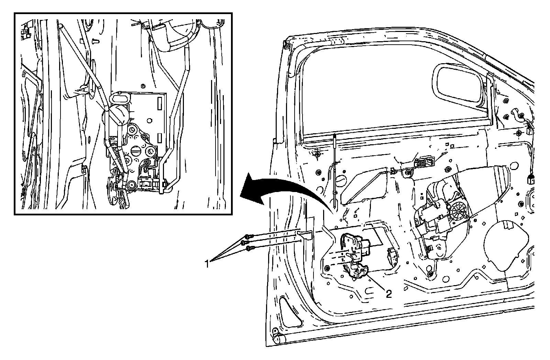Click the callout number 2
coord(389,294)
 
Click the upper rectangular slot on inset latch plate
coord(159,103)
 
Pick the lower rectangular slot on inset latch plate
coord(159,138)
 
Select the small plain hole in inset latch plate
coord(149,121)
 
